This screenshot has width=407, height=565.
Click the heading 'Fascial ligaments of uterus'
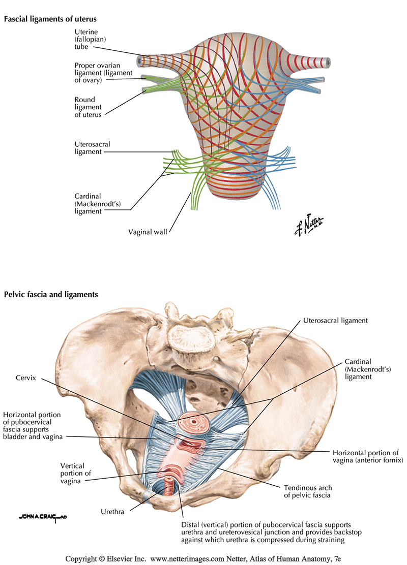pos(50,19)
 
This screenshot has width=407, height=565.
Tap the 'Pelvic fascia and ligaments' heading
pos(51,294)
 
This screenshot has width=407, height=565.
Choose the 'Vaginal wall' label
pos(148,232)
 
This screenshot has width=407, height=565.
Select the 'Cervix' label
pos(27,378)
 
